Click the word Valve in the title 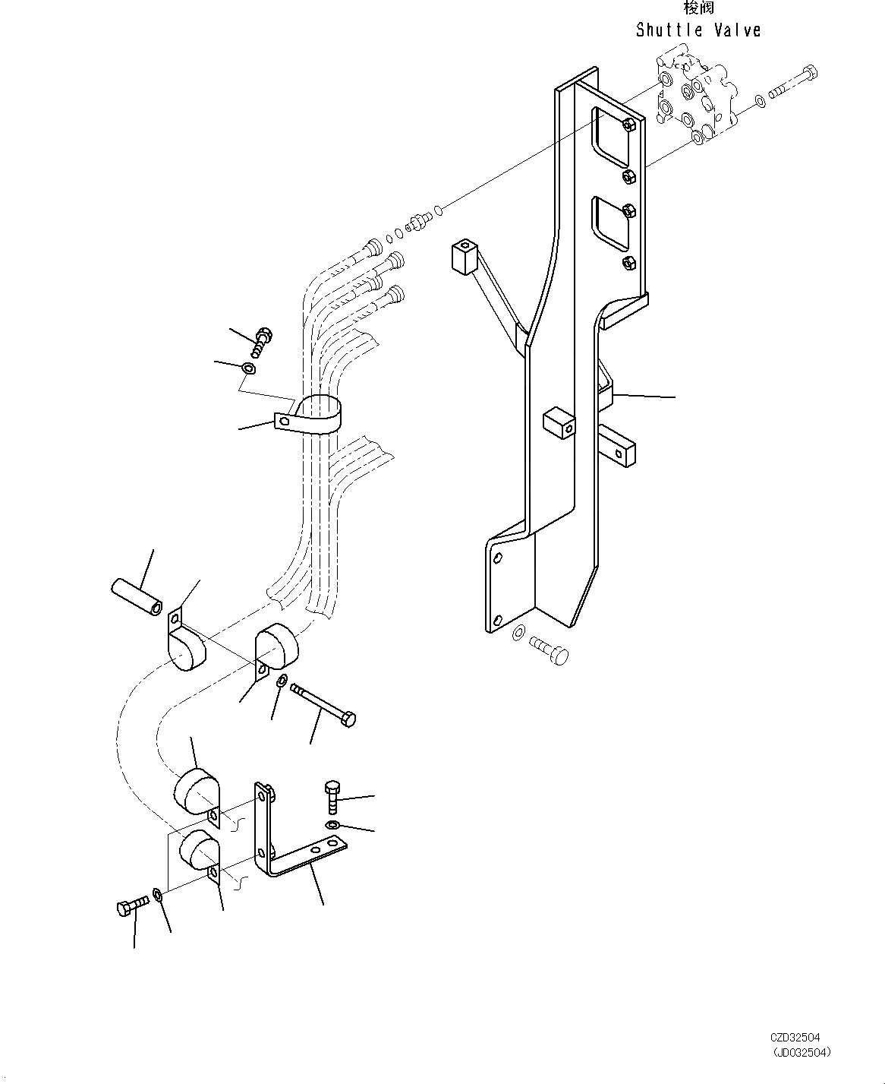737,30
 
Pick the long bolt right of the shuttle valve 794,84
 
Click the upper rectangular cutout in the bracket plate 613,137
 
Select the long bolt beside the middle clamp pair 323,703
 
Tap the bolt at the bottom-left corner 134,905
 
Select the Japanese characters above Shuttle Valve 698,8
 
